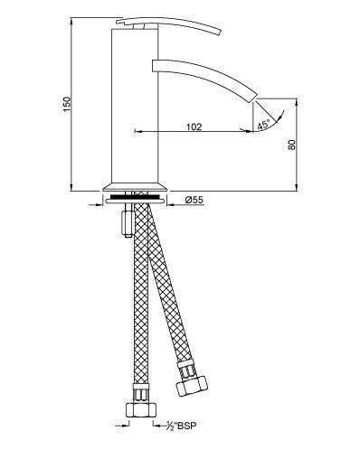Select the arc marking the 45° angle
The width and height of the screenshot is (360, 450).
click(275, 115)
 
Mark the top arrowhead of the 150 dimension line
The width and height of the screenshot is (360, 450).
click(73, 21)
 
